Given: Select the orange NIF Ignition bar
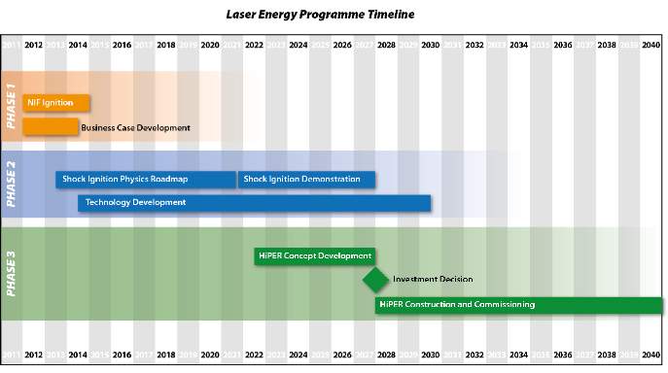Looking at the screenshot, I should [55, 102].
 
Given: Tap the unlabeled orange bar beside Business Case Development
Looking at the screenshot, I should [50, 126].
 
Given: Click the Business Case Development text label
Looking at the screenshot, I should [135, 127].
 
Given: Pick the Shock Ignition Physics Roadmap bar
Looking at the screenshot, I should [146, 179].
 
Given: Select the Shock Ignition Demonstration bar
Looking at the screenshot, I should [306, 179].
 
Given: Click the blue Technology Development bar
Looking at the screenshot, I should [255, 202].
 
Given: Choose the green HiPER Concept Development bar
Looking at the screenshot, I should [314, 256].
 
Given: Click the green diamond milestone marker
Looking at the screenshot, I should [375, 280].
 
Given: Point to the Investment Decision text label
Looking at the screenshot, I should [433, 280].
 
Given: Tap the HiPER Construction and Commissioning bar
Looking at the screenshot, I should [519, 305].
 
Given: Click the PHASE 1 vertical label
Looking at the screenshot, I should [12, 105].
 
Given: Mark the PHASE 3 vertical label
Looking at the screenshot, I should [12, 273].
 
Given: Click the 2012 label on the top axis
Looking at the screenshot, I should [33, 45].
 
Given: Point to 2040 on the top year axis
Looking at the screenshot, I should [650, 45].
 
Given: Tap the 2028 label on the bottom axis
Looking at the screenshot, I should [386, 356].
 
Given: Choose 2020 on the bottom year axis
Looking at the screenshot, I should [210, 356].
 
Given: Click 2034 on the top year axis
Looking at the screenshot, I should [518, 45].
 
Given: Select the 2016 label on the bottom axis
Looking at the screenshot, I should [122, 356].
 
